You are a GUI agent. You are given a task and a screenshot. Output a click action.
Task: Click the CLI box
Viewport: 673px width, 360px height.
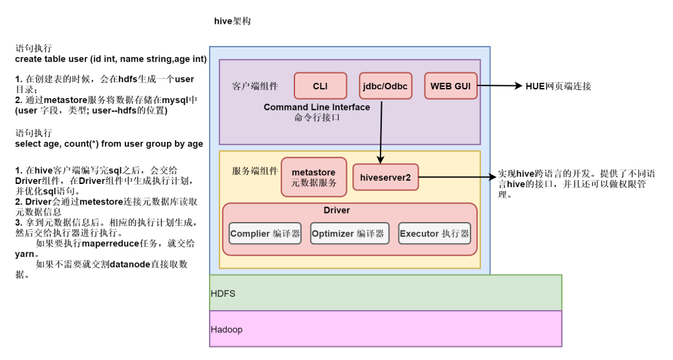(x=320, y=86)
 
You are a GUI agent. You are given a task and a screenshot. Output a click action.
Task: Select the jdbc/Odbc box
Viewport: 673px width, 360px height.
(x=386, y=86)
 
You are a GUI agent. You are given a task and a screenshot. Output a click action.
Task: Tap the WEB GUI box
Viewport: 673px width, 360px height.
(x=451, y=86)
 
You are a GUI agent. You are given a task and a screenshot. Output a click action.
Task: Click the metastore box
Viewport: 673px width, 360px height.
(x=313, y=177)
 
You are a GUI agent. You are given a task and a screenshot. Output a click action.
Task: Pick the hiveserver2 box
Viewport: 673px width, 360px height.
(x=385, y=177)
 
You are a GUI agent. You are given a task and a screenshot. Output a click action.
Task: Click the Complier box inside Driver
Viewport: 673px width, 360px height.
(x=265, y=233)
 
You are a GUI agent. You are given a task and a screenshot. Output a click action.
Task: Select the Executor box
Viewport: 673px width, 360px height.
(x=434, y=233)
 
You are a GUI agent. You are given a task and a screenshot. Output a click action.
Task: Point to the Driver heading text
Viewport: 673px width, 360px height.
(x=336, y=210)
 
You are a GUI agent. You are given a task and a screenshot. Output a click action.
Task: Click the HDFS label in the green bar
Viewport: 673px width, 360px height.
(x=223, y=294)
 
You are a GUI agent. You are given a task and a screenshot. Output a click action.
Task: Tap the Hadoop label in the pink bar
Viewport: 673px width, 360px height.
(x=226, y=329)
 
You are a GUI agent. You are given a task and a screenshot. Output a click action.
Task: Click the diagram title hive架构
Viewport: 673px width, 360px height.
(x=232, y=21)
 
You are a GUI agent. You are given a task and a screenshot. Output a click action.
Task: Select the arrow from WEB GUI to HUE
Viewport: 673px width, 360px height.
(x=499, y=86)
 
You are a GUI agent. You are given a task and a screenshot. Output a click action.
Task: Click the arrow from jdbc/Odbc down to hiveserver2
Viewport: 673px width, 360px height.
(x=381, y=131)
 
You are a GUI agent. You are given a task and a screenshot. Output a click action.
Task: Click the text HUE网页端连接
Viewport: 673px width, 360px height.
(x=558, y=86)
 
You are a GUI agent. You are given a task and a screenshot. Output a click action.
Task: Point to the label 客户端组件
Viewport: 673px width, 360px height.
(x=255, y=86)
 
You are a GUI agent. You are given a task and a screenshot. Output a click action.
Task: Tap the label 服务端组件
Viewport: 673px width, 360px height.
(x=255, y=170)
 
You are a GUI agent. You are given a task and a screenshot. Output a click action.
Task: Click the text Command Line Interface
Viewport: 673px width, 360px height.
(x=317, y=107)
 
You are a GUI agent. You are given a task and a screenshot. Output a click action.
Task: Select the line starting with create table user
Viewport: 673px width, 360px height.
(x=110, y=59)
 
